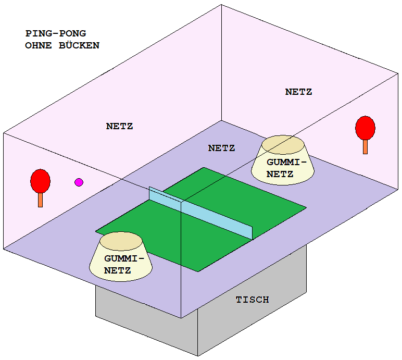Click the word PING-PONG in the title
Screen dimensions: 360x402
click(x=56, y=34)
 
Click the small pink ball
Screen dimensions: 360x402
click(x=79, y=182)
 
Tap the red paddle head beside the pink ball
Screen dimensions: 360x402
click(x=40, y=180)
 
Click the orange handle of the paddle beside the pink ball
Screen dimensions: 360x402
click(x=40, y=200)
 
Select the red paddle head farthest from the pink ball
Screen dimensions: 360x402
click(x=365, y=128)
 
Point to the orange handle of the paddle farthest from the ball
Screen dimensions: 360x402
click(x=365, y=146)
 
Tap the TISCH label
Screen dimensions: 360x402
click(x=253, y=300)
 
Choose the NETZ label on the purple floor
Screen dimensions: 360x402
click(x=221, y=148)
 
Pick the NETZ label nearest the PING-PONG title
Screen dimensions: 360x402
click(x=119, y=126)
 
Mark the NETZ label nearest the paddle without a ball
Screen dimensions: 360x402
click(x=298, y=92)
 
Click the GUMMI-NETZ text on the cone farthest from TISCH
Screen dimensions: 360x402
click(x=284, y=168)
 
